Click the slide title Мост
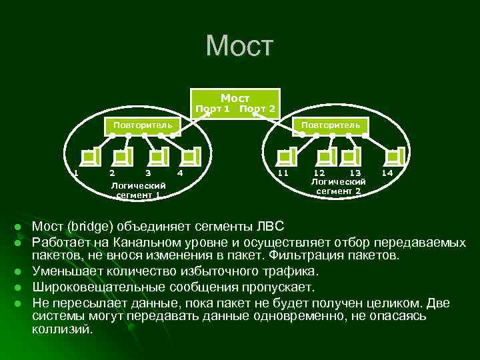pos(239,46)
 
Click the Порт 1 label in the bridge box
pos(212,109)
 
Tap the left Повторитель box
pos(142,125)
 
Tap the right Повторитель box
pos(330,125)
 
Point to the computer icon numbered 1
pos(89,157)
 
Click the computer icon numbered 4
pos(191,157)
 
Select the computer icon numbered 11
pos(286,157)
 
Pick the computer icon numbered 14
pos(396,157)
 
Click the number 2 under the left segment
pos(111,173)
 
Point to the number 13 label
pos(355,173)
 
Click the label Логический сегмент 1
pos(138,190)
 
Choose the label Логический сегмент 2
pos(339,186)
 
